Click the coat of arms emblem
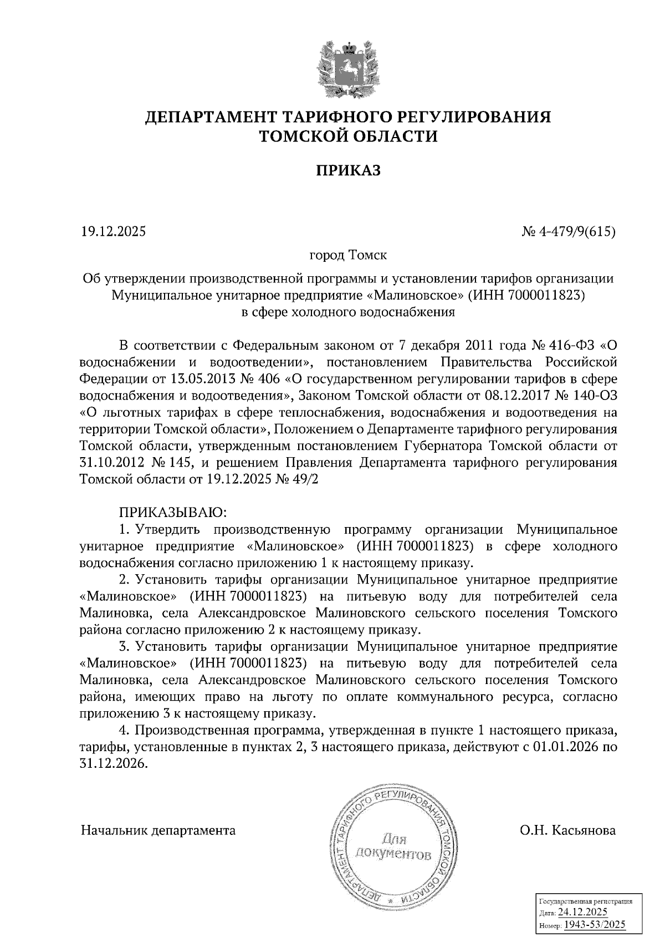pos(348,68)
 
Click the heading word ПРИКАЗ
pos(348,171)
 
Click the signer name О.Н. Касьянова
pos(567,830)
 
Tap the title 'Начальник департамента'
pos(158,830)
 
